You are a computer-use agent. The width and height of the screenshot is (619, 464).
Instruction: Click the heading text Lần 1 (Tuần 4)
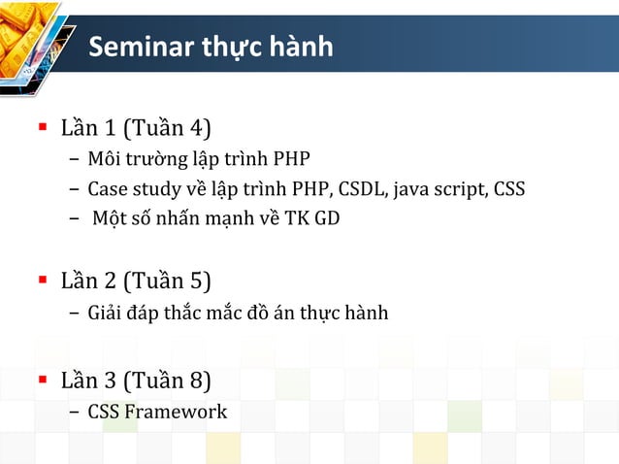136,127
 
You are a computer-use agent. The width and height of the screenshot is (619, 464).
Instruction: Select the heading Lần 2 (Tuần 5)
136,281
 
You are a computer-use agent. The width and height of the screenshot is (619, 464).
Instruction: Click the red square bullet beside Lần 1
42,127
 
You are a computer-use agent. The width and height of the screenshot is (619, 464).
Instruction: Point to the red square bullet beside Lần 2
42,281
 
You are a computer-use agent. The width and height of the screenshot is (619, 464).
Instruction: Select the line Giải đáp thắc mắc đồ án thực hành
238,313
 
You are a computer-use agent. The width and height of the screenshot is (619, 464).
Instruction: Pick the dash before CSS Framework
75,413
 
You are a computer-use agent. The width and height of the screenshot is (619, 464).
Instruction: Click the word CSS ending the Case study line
509,188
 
